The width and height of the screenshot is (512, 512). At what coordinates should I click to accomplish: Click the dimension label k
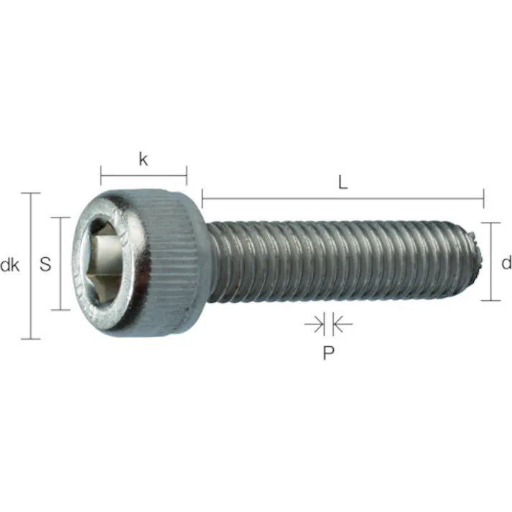(x=143, y=159)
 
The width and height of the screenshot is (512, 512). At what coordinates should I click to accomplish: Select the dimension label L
(x=343, y=182)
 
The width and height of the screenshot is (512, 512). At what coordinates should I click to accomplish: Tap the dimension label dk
(x=9, y=266)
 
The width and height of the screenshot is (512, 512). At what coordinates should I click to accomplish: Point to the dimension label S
(x=45, y=264)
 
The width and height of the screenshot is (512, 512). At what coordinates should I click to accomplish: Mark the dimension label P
(x=327, y=353)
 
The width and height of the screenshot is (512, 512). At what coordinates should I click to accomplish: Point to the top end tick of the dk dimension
(x=30, y=193)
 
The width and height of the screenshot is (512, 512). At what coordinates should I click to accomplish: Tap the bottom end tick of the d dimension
(x=491, y=300)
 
